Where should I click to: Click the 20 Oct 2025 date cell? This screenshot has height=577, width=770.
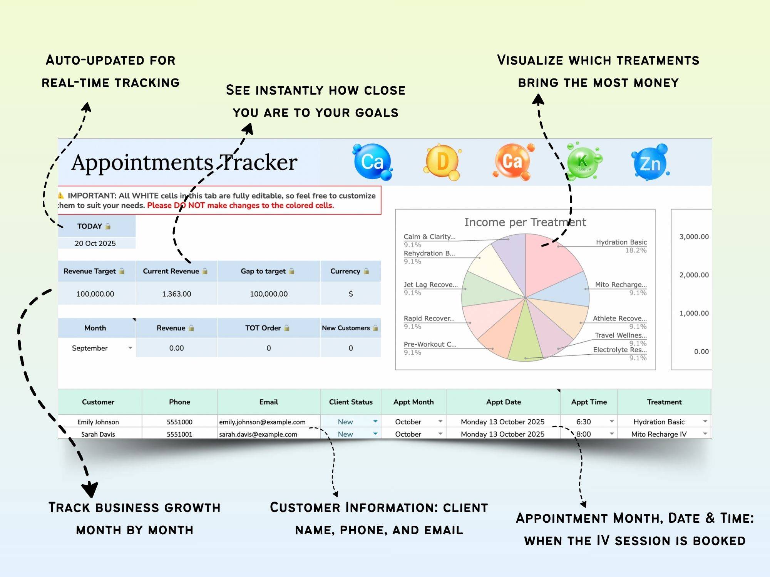(x=95, y=243)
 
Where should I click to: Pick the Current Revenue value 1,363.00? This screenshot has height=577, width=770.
(x=176, y=294)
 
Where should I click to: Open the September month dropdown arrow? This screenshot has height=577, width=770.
(x=130, y=348)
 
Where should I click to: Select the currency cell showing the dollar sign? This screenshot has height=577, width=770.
(x=350, y=294)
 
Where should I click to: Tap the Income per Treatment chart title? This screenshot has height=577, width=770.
(x=525, y=222)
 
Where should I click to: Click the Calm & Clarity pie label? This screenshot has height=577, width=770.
(x=429, y=237)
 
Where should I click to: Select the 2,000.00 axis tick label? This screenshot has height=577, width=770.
(x=694, y=275)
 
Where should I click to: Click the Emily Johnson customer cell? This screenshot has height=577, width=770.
(x=98, y=422)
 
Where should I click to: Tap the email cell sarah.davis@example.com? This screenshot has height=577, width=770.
(x=258, y=434)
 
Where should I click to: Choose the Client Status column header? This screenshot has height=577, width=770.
(x=350, y=402)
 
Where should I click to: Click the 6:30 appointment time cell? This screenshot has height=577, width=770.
(x=584, y=422)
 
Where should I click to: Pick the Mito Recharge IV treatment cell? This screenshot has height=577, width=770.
(x=659, y=434)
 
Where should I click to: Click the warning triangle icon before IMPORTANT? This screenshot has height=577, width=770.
(x=61, y=195)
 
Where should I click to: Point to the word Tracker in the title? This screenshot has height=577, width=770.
(x=259, y=162)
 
